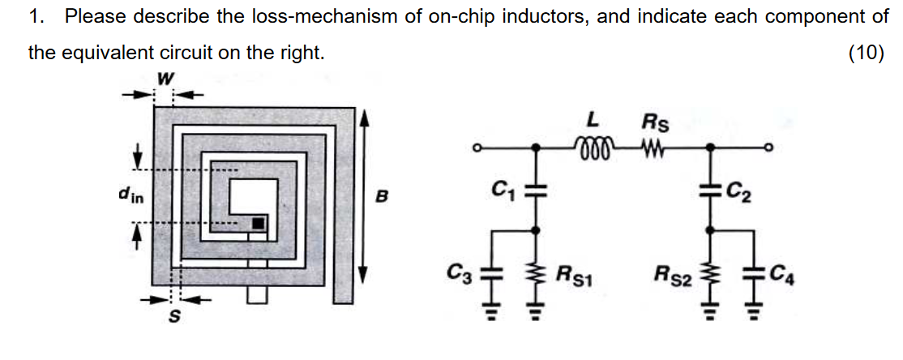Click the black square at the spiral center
[x=258, y=222]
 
